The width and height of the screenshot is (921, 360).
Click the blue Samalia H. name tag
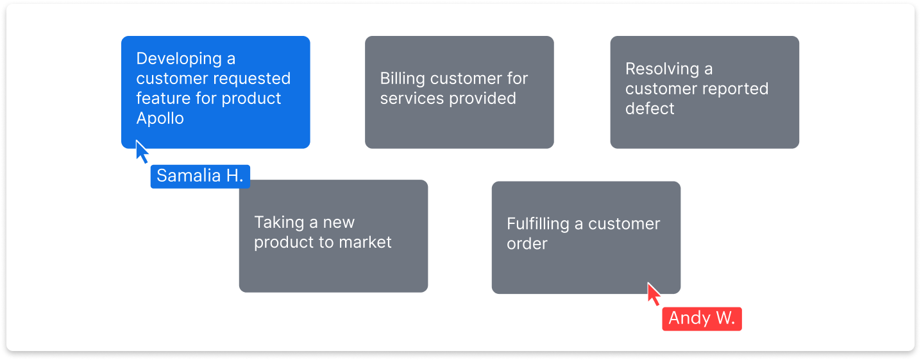[200, 176]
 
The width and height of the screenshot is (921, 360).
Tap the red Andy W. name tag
[702, 318]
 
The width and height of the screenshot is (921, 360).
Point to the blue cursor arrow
[142, 151]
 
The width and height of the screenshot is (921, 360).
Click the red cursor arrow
[654, 294]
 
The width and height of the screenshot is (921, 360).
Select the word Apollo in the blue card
[160, 119]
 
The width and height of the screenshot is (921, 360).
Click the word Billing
[403, 79]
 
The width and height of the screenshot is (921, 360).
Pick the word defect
[650, 109]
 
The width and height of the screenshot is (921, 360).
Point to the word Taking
[278, 223]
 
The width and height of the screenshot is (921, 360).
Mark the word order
[527, 244]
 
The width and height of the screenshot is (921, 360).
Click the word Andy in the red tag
[689, 318]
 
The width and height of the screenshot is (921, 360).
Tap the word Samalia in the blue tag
[189, 176]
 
